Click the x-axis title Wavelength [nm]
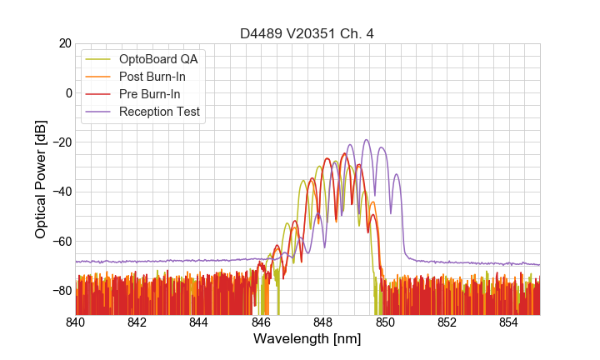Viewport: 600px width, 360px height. (x=307, y=339)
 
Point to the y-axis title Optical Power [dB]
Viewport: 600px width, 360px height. (x=41, y=178)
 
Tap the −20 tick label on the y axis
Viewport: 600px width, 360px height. (x=62, y=142)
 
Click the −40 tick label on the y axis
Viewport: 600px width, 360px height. (x=62, y=192)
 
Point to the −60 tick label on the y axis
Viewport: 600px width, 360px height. (x=62, y=241)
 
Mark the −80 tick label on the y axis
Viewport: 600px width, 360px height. (x=62, y=291)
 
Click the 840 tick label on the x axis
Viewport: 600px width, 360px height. (x=75, y=322)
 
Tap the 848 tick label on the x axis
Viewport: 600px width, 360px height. (x=323, y=322)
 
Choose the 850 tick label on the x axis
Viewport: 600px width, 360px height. (x=385, y=322)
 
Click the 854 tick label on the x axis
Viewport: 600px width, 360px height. (x=509, y=322)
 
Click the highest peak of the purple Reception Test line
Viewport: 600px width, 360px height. (x=366, y=140)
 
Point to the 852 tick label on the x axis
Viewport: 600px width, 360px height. (x=447, y=322)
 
